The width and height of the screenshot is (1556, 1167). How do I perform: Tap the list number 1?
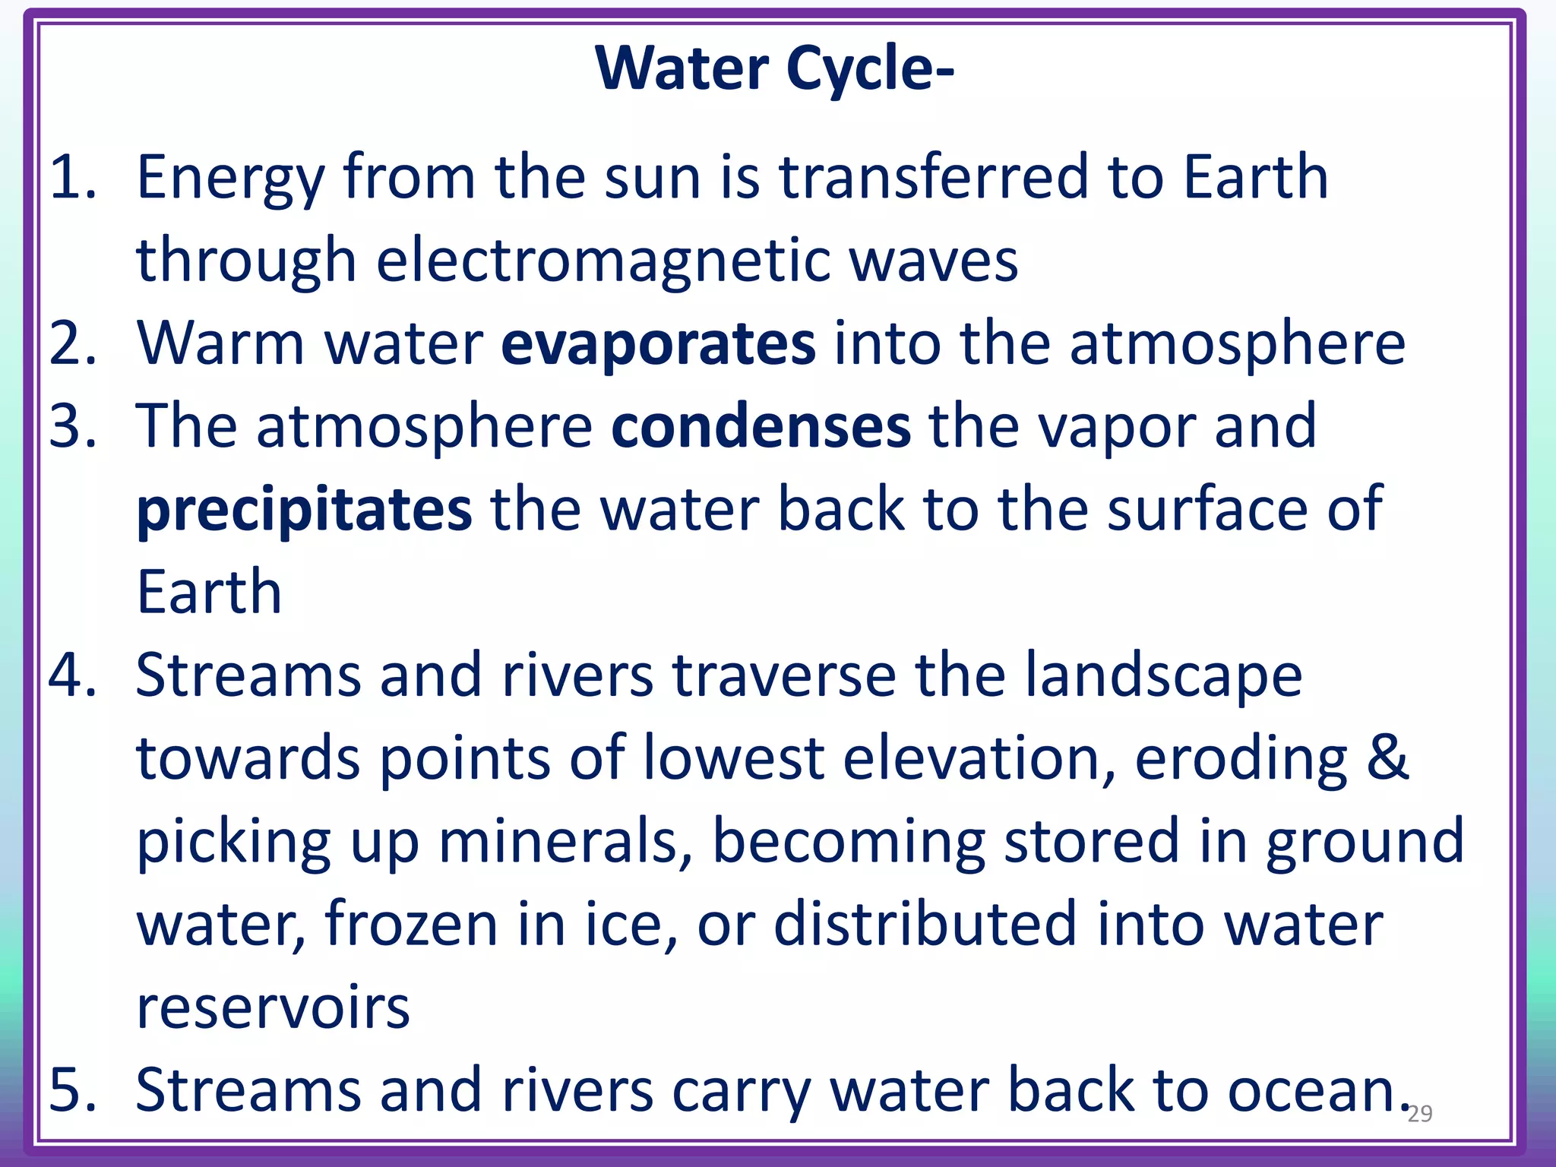pyautogui.click(x=72, y=177)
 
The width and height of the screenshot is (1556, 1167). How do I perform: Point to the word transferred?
pyautogui.click(x=934, y=177)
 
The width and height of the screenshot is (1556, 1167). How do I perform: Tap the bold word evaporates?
pyautogui.click(x=658, y=344)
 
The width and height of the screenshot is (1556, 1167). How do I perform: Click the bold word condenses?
pyautogui.click(x=761, y=427)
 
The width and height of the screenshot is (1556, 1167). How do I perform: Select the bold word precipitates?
pyautogui.click(x=304, y=511)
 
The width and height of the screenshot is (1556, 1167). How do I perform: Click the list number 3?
pyautogui.click(x=72, y=426)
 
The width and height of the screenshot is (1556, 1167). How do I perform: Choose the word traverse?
pyautogui.click(x=783, y=675)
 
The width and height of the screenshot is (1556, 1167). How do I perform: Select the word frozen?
pyautogui.click(x=411, y=925)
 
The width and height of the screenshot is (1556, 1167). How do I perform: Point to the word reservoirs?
pyautogui.click(x=273, y=1007)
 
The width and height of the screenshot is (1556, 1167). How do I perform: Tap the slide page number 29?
pyautogui.click(x=1419, y=1114)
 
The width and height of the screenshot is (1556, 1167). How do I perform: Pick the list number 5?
pyautogui.click(x=72, y=1090)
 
